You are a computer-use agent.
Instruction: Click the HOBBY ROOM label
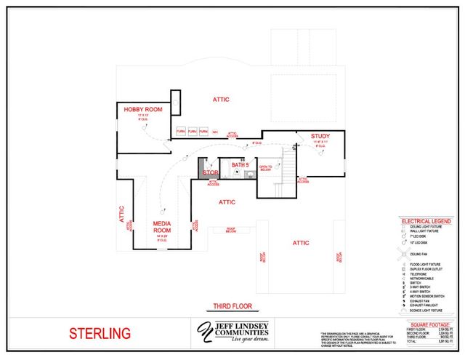tap(142, 109)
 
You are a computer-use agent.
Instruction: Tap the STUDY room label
tap(320, 136)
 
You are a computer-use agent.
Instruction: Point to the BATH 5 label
tap(240, 166)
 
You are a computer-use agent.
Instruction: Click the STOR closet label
tap(210, 172)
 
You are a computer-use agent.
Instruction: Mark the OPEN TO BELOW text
tap(265, 168)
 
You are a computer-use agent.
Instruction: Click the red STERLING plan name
tap(100, 335)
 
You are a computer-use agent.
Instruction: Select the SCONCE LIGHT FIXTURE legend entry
tap(430, 310)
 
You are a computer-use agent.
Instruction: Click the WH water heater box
tap(215, 132)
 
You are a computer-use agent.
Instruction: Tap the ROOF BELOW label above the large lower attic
tap(231, 230)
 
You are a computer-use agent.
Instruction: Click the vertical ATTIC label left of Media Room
tap(122, 213)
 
